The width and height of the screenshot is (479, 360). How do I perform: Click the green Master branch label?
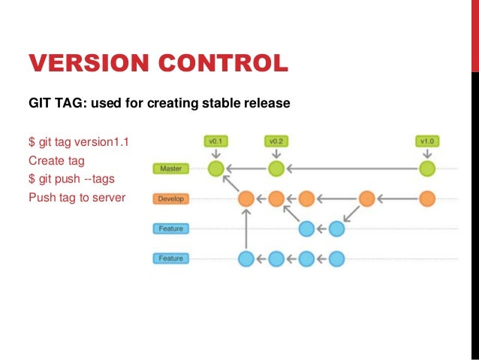[170, 169]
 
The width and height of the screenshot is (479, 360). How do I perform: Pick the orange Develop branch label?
[170, 199]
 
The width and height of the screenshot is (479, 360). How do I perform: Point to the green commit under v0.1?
[216, 168]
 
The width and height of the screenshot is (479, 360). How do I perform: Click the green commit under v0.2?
[276, 168]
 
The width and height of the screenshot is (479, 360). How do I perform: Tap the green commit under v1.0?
[427, 168]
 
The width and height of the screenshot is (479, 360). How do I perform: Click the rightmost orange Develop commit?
[427, 199]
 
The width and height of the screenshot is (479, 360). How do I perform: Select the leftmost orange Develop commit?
[246, 199]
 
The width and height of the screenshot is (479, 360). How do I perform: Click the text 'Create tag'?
[56, 160]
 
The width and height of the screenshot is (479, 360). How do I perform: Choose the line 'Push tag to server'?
[77, 198]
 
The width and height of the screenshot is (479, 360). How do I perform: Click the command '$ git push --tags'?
[71, 180]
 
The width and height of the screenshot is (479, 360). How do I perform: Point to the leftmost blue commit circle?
[246, 259]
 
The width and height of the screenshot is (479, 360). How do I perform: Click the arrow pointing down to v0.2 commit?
[276, 153]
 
